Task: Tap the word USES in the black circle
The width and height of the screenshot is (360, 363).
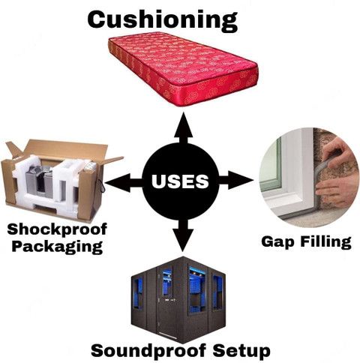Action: tap(180, 181)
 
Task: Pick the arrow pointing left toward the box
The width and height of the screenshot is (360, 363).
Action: tap(124, 183)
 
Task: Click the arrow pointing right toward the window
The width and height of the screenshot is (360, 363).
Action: tap(235, 180)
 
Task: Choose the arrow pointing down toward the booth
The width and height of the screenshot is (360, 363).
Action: tap(183, 235)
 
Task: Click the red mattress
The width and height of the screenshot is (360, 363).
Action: tap(183, 69)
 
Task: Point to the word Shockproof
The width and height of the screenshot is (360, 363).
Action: tap(57, 229)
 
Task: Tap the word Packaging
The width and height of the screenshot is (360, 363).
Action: tap(57, 247)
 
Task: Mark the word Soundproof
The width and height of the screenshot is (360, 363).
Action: tap(148, 350)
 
